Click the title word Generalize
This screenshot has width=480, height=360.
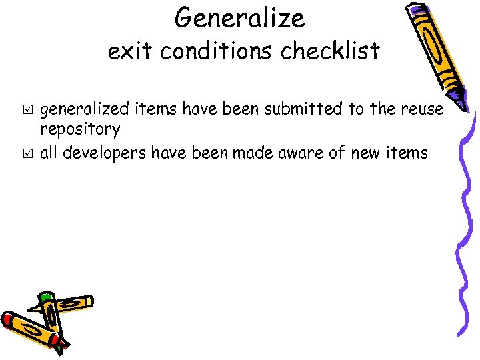239,18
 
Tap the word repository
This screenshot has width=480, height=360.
81,129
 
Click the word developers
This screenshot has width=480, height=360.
105,153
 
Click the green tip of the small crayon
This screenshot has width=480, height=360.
45,298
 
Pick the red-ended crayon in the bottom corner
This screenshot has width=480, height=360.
30,330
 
